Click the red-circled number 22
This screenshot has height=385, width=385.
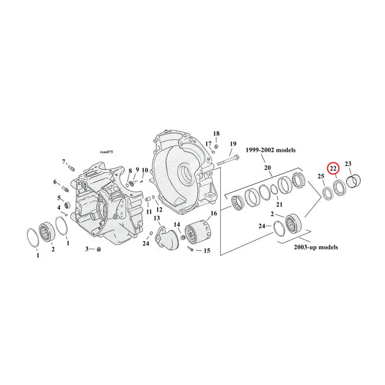click(333, 168)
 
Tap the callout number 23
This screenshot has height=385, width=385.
click(348, 164)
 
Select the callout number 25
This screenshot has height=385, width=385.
click(321, 177)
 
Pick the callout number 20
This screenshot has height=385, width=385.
click(267, 168)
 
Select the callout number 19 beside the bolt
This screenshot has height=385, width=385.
click(233, 144)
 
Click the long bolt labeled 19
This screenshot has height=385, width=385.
click(227, 159)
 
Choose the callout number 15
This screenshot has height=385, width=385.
click(207, 251)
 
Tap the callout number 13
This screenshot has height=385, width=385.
click(157, 219)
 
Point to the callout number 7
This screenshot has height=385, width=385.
click(63, 161)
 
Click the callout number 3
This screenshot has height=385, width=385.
click(87, 249)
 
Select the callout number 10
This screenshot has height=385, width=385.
click(145, 171)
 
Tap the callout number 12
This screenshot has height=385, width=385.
click(159, 209)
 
